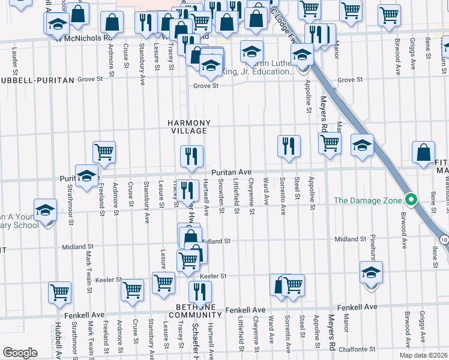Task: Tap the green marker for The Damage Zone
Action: click(x=411, y=200)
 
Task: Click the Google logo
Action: click(x=20, y=352)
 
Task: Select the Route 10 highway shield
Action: click(x=444, y=239)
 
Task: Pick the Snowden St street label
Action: click(x=221, y=196)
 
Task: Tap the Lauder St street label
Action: click(x=14, y=58)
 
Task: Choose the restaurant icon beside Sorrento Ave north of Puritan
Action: click(x=289, y=146)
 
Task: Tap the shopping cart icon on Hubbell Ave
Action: click(x=60, y=292)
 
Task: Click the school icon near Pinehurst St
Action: click(x=372, y=272)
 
